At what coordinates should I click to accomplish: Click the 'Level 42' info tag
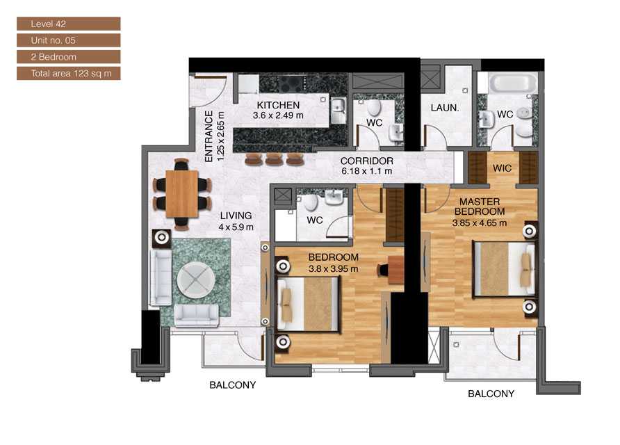(68, 24)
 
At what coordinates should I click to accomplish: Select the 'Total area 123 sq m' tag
(68, 73)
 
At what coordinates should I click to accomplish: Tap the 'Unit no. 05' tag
(68, 40)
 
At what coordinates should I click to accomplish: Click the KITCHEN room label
(278, 105)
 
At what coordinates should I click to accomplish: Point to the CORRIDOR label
(366, 161)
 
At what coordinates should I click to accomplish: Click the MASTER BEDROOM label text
(479, 206)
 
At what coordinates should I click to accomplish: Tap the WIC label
(502, 168)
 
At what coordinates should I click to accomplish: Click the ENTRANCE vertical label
(209, 136)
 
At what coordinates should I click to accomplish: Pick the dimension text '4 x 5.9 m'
(236, 227)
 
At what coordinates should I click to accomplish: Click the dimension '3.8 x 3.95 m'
(333, 268)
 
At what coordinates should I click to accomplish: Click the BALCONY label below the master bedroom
(491, 394)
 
